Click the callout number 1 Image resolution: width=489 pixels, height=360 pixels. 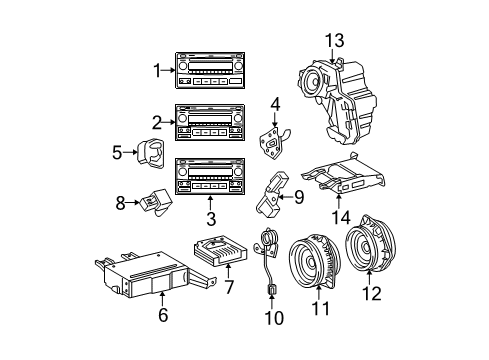[156, 70]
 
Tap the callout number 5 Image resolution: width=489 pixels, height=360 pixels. [116, 152]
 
